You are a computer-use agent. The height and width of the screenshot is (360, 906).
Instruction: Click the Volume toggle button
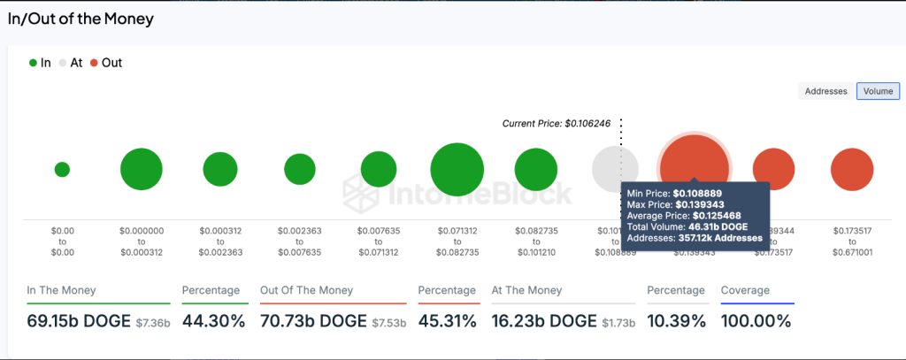click(x=878, y=91)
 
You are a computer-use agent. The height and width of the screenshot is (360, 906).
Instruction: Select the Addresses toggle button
click(x=826, y=91)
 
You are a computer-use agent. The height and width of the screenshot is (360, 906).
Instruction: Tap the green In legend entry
click(x=40, y=63)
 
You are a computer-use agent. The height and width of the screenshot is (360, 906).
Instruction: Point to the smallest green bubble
click(x=62, y=170)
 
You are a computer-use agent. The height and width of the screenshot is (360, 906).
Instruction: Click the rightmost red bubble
click(x=853, y=170)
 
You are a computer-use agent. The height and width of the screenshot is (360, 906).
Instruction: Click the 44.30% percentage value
click(x=213, y=321)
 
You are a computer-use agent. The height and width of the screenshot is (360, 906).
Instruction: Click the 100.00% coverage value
click(x=756, y=321)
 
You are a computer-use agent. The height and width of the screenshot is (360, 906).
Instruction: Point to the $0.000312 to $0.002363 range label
click(x=220, y=241)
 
